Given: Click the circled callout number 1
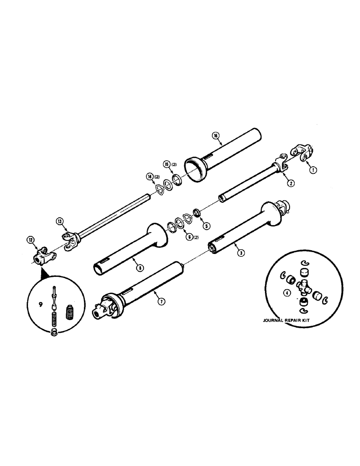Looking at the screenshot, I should [313, 170].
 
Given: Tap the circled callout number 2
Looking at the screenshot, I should [290, 183].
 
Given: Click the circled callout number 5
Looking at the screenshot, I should [207, 225].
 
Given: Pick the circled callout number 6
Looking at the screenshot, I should [188, 236].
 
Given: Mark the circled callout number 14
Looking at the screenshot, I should [150, 176].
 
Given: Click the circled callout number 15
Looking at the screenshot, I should [166, 164].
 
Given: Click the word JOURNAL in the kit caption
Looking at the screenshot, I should [275, 321].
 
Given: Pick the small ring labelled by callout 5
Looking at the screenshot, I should [198, 214].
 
